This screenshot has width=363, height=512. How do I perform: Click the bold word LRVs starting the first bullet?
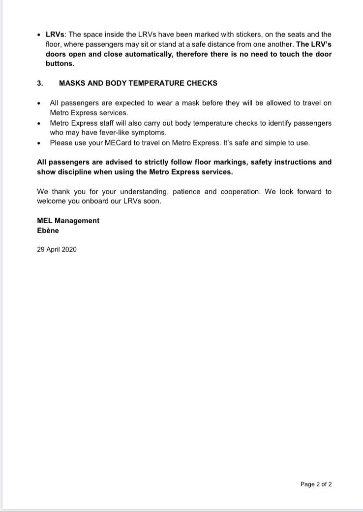coord(56,34)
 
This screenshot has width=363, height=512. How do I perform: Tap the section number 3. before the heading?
coord(40,83)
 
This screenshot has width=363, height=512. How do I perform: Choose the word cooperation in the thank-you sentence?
coord(239,191)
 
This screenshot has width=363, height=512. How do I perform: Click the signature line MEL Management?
coord(68,221)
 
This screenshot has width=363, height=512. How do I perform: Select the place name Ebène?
coord(48,231)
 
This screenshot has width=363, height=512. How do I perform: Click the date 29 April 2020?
coord(57,249)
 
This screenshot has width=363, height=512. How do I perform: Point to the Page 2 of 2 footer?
coord(316,484)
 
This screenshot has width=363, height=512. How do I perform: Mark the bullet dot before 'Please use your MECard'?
coord(39,143)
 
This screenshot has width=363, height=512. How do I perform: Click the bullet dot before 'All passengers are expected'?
coord(39,103)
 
